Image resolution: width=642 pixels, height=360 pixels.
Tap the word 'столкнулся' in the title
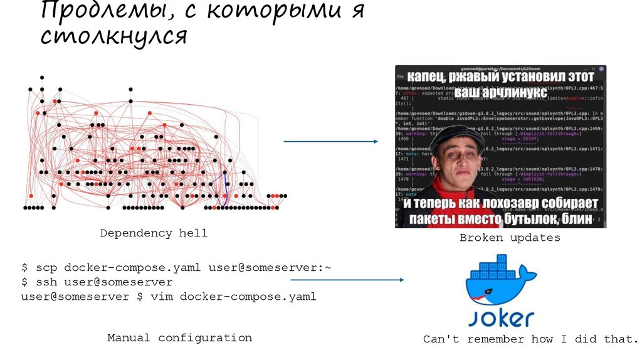[113, 36]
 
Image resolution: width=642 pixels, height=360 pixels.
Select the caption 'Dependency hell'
[154, 233]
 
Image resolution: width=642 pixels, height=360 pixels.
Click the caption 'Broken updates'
[510, 238]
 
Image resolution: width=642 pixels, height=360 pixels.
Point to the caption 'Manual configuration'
[179, 337]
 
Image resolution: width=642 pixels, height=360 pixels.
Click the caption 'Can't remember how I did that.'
[530, 339]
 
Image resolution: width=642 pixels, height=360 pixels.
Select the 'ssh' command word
[46, 282]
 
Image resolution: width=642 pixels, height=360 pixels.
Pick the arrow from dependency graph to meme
[331, 141]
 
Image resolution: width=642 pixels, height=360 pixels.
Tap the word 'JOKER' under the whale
[502, 317]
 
